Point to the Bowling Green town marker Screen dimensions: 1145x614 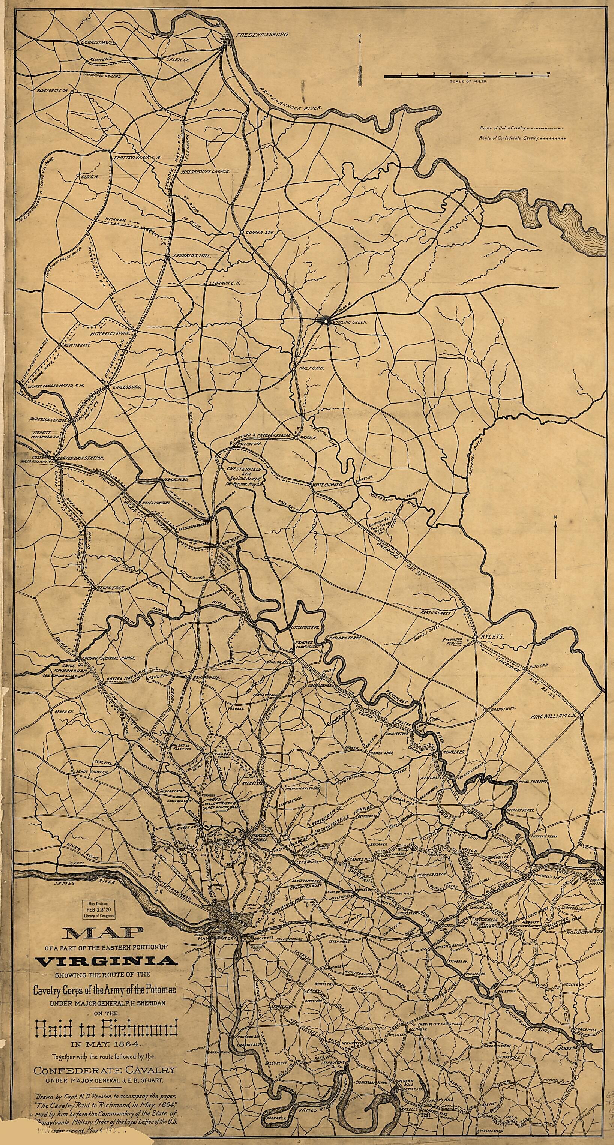click(x=326, y=320)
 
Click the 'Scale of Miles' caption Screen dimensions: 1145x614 click(x=468, y=82)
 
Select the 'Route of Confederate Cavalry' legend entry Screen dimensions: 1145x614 click(x=509, y=138)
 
